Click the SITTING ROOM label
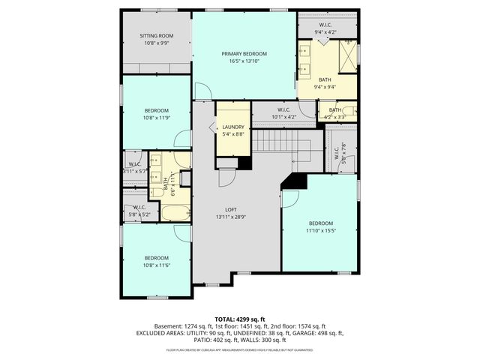point(156,35)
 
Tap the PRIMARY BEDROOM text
point(244,54)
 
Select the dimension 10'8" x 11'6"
point(156,263)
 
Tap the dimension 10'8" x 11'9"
point(156,117)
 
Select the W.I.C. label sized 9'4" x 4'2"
point(325,32)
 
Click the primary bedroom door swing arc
point(202,91)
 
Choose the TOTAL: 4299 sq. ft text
point(240,319)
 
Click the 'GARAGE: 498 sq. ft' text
point(320,333)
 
